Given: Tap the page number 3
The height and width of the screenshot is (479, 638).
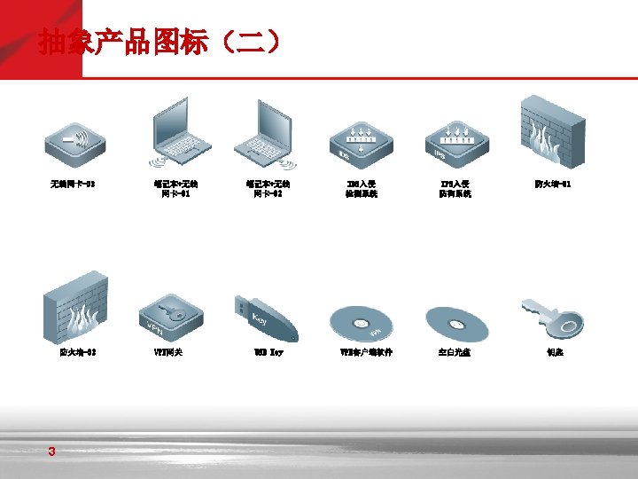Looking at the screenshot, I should point(52,452).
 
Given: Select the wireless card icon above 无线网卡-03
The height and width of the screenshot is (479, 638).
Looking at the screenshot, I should point(76,141).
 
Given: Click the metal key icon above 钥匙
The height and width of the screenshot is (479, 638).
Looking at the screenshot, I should point(551,318).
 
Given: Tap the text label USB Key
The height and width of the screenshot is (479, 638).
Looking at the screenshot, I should point(268,352).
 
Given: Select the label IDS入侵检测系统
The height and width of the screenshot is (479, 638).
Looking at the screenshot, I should point(362,189).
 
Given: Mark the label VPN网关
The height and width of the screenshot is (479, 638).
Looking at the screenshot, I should point(167,352).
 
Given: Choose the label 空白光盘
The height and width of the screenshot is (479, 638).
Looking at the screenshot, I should point(455,352).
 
